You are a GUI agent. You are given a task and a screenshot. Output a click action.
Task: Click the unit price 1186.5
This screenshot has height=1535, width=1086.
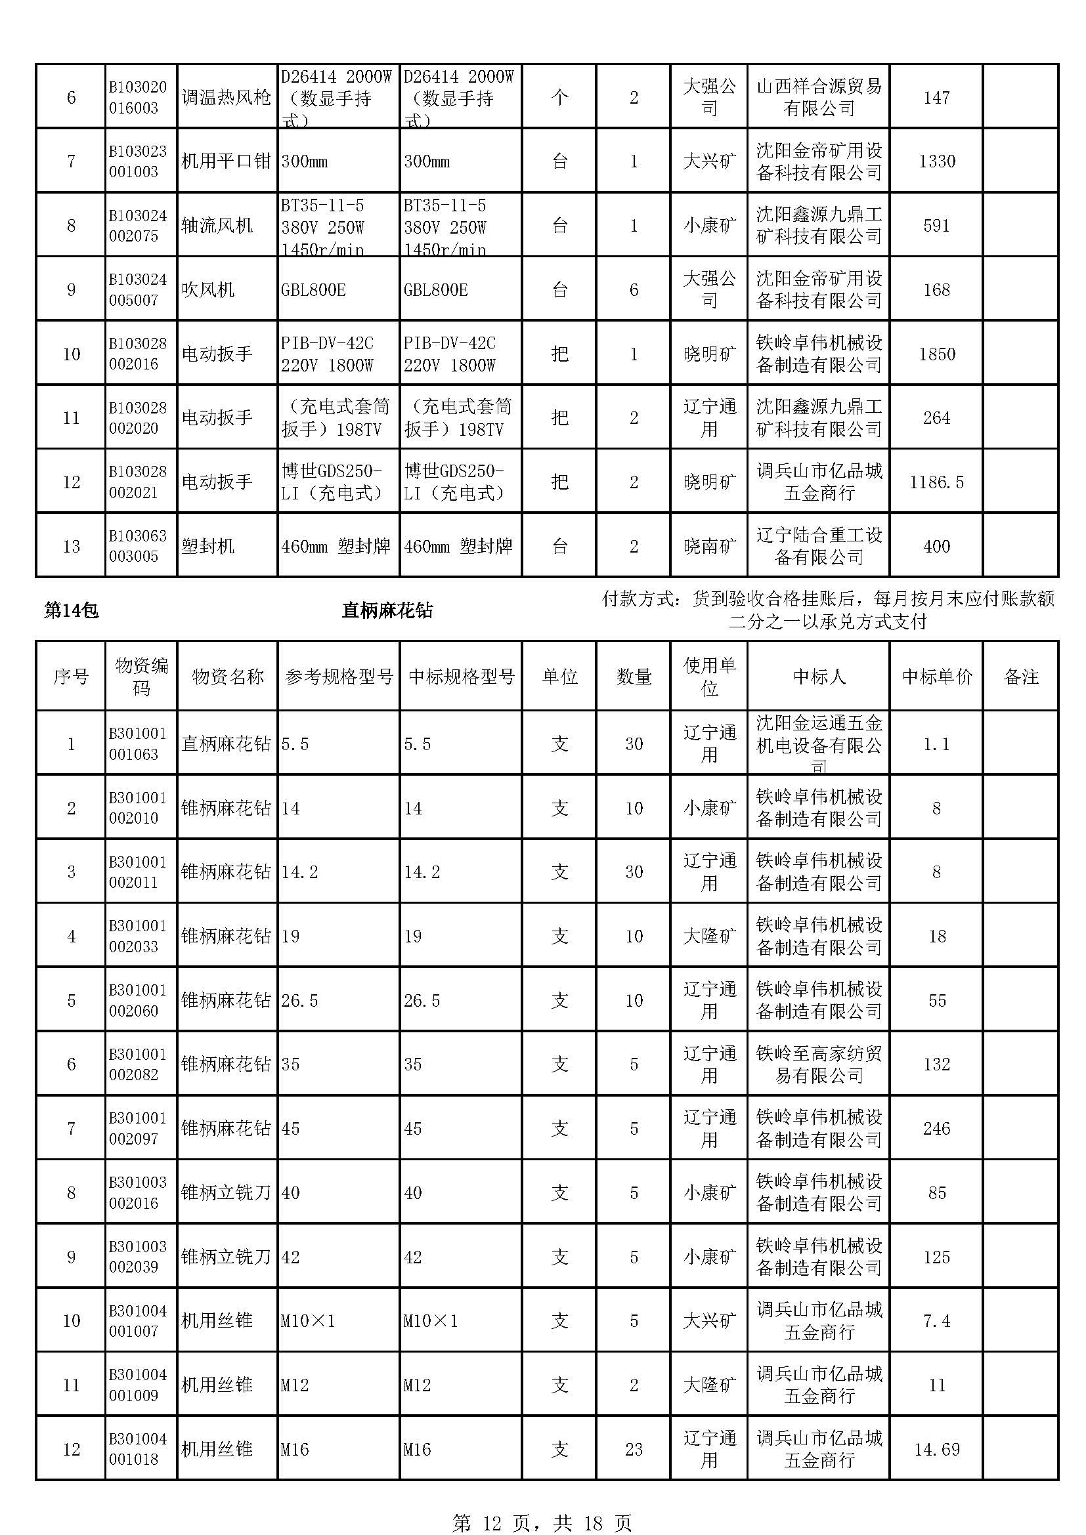[x=936, y=482]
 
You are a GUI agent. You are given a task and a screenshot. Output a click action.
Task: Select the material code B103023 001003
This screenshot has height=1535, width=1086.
[x=138, y=161]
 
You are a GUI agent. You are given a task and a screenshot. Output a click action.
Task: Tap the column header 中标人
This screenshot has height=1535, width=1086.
[x=819, y=677]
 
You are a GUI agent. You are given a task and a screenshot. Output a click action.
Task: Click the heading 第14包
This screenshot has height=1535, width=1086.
[x=71, y=610]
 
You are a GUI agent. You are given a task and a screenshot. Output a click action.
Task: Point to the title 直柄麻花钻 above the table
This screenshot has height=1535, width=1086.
[x=387, y=610]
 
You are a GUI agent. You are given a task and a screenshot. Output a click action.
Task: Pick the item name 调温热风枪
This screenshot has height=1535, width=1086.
[x=226, y=98]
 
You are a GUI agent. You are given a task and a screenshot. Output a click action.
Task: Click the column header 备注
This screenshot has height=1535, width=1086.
[x=1020, y=677]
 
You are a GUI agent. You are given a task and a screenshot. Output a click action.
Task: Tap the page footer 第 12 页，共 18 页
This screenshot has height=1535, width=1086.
[x=542, y=1523]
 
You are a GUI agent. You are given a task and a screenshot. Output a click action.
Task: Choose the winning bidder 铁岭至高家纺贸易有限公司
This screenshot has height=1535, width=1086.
[x=819, y=1064]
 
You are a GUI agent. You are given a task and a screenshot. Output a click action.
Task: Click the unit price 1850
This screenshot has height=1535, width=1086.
[x=936, y=354]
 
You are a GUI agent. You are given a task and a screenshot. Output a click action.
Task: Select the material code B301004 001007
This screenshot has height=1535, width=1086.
[x=138, y=1321]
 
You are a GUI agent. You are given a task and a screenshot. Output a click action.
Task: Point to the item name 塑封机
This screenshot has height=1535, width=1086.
[x=208, y=546]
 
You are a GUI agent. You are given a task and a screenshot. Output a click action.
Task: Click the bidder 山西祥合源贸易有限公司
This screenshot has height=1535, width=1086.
[x=819, y=98]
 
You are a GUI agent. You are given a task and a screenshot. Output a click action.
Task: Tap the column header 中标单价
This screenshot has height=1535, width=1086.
[x=936, y=677]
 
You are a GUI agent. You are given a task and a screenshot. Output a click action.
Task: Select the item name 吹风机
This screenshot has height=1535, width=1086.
[x=208, y=289]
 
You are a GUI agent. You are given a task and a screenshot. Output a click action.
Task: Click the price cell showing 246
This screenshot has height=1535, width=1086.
[x=936, y=1129]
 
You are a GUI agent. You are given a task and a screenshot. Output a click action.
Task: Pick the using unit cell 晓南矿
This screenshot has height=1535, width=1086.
[x=709, y=546]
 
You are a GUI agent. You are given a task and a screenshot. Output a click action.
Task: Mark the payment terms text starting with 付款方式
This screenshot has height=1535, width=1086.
[x=828, y=610]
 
